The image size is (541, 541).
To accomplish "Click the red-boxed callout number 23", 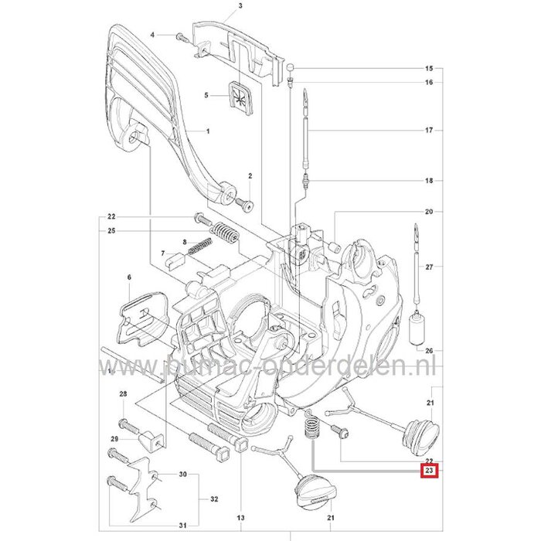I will [x=429, y=469].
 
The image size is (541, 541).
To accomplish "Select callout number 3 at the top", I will [x=219, y=6].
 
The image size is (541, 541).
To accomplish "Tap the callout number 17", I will [x=429, y=131].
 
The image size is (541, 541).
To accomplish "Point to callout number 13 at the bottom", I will [x=241, y=517].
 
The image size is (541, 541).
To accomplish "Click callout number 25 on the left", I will [x=112, y=230].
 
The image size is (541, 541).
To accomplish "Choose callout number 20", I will [x=429, y=212].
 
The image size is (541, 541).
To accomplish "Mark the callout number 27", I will [x=429, y=267].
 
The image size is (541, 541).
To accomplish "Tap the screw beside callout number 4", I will [x=180, y=36].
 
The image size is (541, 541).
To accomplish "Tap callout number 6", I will [x=129, y=277].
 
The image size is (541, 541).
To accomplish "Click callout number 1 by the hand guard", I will [x=208, y=132].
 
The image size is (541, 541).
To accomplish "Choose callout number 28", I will [x=123, y=395].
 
